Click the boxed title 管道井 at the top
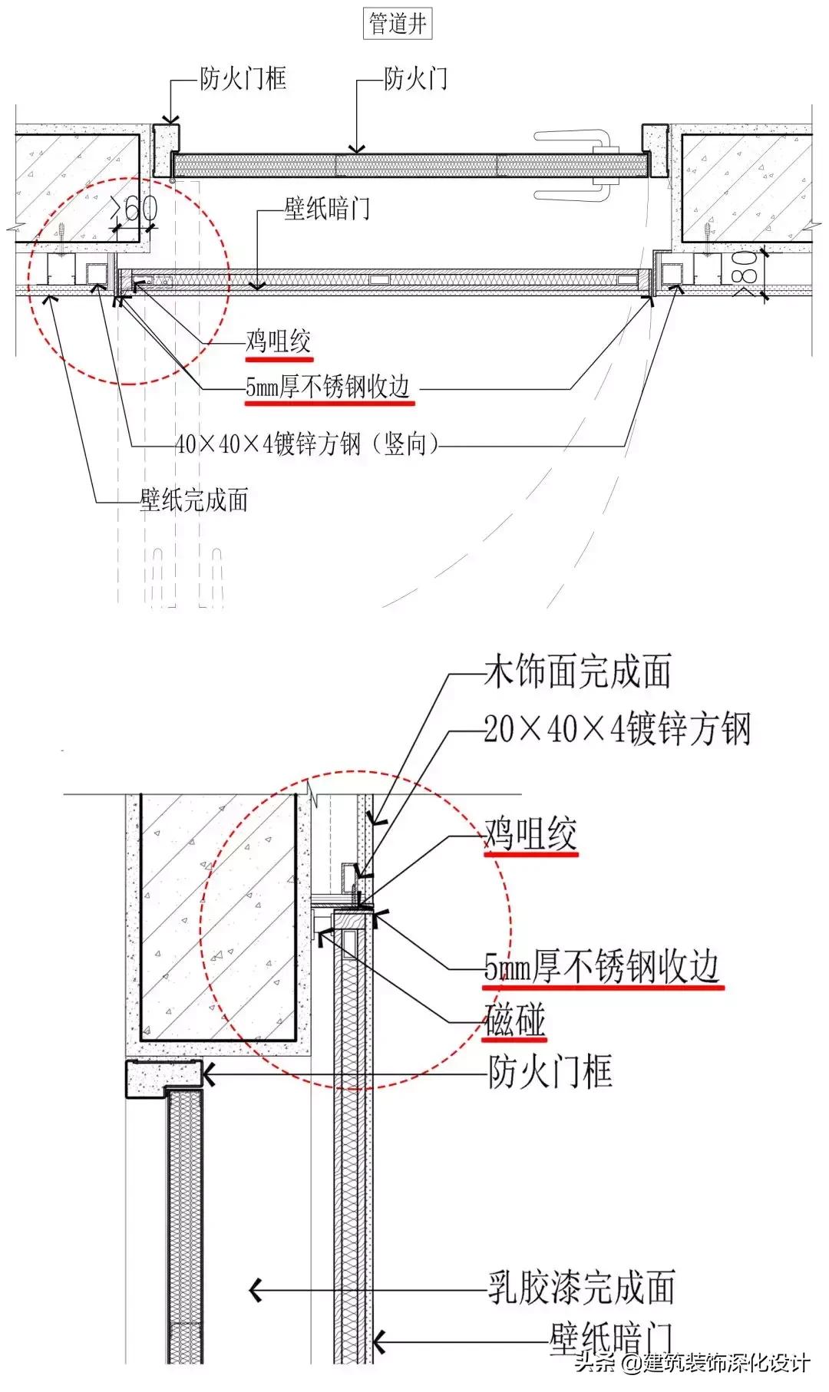coord(398,24)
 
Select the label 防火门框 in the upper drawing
coord(243,78)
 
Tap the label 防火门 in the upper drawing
coord(415,78)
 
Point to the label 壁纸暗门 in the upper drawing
coord(327,208)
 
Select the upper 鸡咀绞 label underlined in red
coord(279,342)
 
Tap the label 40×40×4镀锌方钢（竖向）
coord(306,444)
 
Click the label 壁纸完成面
coord(194,500)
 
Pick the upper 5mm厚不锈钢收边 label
coord(329,388)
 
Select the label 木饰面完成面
coord(578,671)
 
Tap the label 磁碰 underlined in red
coord(515,1021)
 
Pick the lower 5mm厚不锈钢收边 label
coord(603,967)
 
